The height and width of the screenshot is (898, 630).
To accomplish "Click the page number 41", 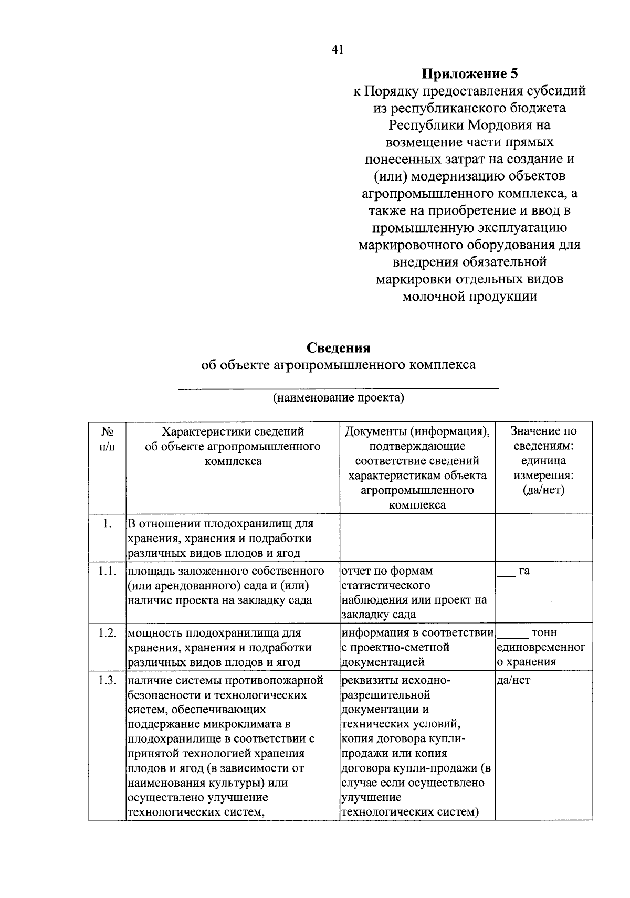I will (x=337, y=50).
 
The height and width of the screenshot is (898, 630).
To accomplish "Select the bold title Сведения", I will (x=338, y=347).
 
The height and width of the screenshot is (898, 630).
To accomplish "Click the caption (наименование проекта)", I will (x=338, y=397).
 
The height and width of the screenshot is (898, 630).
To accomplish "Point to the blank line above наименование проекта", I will (x=338, y=387).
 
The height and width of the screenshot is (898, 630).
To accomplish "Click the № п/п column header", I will (x=107, y=439).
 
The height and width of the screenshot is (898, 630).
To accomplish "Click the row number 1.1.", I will (x=107, y=571).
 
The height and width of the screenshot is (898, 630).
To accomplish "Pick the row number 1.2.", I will (x=107, y=633).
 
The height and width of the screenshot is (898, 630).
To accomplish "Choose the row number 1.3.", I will (x=107, y=681).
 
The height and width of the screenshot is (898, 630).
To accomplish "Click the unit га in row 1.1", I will (x=524, y=571).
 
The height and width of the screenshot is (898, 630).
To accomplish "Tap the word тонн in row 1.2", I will (x=544, y=633).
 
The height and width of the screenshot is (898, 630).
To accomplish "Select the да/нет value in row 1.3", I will (x=513, y=681).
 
